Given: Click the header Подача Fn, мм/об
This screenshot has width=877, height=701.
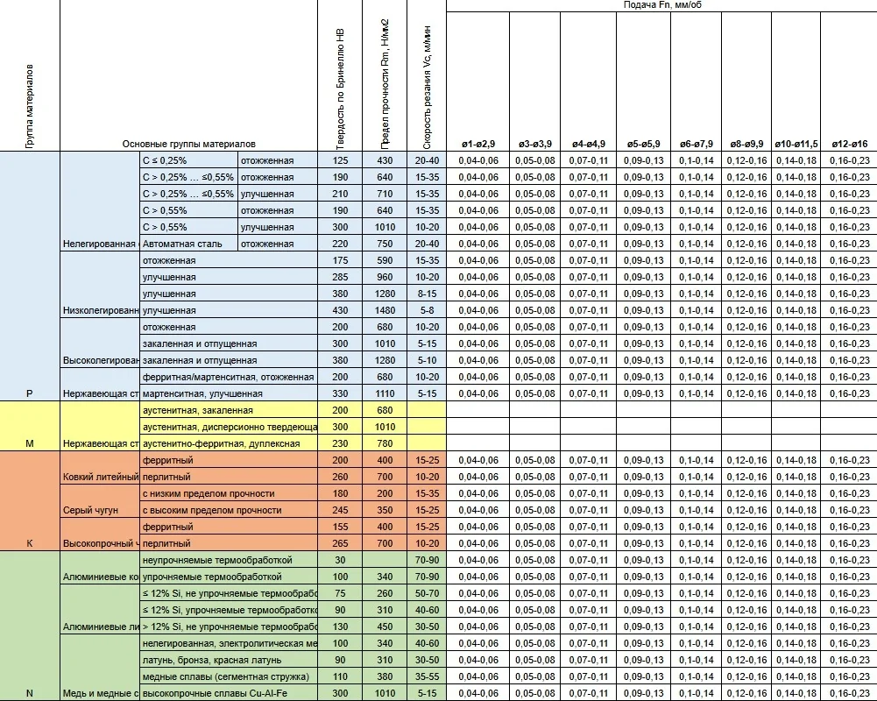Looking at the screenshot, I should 661,5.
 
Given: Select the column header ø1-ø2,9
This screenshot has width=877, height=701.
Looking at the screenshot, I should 477,144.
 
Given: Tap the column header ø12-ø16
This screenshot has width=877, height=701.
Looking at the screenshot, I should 848,144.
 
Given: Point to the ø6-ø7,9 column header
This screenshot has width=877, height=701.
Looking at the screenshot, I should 696,144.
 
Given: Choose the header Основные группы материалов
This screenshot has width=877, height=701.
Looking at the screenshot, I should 188,144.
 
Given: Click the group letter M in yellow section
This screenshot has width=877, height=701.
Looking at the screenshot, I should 29,443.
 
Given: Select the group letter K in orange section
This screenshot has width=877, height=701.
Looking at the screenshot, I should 29,543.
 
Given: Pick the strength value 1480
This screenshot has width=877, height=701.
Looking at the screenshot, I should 384,310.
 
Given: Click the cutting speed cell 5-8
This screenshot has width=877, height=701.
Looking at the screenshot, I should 427,310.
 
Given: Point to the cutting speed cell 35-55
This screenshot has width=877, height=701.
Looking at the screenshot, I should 427,676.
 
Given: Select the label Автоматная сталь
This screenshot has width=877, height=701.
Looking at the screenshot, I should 182,244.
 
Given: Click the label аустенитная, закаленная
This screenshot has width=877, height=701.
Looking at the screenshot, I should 197,410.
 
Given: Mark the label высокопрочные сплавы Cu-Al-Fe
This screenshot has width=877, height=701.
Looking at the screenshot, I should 214,693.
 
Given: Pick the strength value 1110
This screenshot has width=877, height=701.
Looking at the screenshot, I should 384,393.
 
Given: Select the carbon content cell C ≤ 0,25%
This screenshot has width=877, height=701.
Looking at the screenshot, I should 165,161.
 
